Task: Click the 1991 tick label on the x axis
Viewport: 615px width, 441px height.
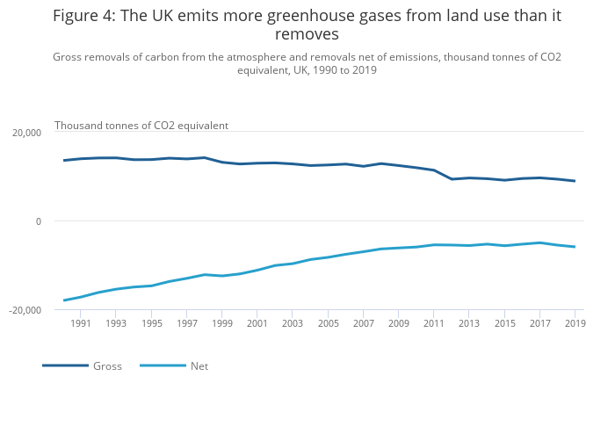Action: coord(81,324)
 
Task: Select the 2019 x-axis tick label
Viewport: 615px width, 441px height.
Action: coord(575,324)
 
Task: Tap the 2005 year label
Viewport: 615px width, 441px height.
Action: coord(328,324)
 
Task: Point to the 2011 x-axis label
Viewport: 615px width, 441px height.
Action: coord(433,324)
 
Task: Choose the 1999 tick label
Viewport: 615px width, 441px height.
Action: coord(221,324)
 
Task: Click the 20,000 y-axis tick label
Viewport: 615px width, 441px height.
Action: coord(26,133)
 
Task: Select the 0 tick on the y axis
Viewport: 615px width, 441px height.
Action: coord(39,221)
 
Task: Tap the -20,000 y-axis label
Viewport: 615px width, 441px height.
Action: coord(25,310)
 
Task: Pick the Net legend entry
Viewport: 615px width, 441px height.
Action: coord(199,365)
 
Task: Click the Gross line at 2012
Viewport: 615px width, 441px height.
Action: coord(452,179)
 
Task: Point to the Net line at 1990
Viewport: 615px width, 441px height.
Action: coord(64,300)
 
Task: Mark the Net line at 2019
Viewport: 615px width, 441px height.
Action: coord(575,247)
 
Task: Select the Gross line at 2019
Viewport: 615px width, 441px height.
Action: coord(575,181)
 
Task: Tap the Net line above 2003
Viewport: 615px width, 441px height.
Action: coord(293,264)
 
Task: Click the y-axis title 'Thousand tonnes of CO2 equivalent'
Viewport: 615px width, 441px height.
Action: coord(141,126)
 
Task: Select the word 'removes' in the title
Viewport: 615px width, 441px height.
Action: coord(307,35)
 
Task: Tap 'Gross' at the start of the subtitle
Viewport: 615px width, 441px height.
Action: coord(69,57)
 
